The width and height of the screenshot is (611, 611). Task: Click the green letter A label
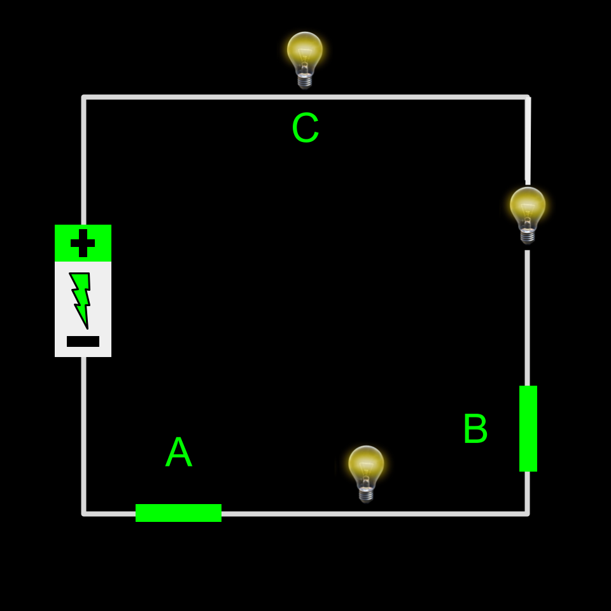coord(178,453)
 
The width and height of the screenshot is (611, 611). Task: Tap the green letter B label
coord(475,429)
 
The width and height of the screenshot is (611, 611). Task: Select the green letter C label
coord(305,129)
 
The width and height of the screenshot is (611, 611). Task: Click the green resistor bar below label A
coord(178,513)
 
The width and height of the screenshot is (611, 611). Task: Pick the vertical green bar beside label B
coord(528,428)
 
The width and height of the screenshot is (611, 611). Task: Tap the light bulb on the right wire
coord(528,210)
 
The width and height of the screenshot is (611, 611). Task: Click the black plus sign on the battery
coord(83,243)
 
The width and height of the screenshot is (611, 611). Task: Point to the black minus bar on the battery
coord(83,341)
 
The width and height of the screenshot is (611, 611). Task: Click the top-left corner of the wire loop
coord(84,97)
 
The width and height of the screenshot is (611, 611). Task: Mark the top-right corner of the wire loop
coord(528,97)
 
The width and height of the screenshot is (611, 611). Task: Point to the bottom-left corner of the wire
coord(84,513)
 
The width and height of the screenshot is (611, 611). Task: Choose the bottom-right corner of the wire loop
coord(528,513)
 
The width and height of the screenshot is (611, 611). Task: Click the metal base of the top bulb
coord(305,81)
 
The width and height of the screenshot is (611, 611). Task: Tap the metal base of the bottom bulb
coord(366,495)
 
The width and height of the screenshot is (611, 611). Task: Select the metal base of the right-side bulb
coord(528,236)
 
